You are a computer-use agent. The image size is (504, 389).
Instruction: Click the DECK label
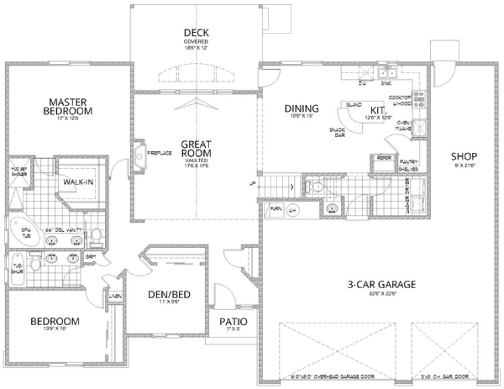pyautogui.click(x=196, y=33)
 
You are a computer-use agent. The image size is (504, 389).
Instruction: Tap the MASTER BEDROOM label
pyautogui.click(x=70, y=105)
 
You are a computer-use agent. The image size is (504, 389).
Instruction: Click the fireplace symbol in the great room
pyautogui.click(x=139, y=153)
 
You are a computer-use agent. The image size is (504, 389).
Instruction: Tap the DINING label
pyautogui.click(x=301, y=108)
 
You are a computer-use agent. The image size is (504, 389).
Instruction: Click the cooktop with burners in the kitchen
pyautogui.click(x=419, y=100)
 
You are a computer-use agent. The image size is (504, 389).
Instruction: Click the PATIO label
pyautogui.click(x=233, y=322)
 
